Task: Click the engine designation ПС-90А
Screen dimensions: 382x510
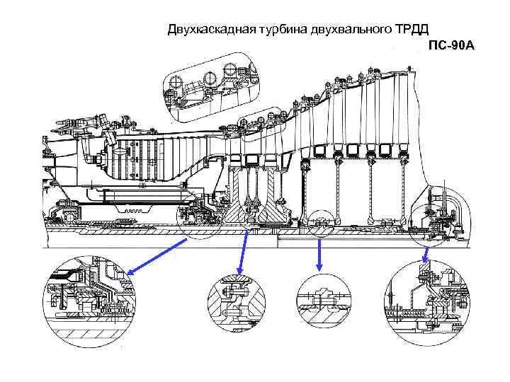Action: coord(451,46)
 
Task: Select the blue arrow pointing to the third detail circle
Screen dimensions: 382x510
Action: coord(320,255)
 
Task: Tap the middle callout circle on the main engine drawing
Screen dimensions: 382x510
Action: coord(320,222)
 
